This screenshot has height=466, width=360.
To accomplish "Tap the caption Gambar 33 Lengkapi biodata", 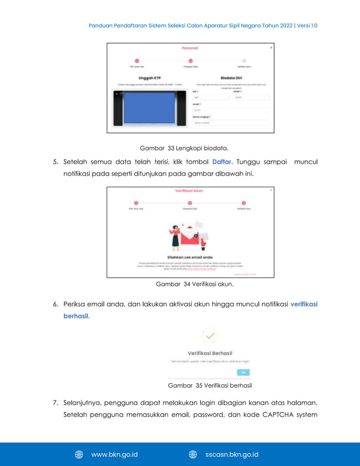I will (184, 148).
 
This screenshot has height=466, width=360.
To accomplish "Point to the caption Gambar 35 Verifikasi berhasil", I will (210, 385).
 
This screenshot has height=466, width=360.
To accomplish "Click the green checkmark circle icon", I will (210, 337).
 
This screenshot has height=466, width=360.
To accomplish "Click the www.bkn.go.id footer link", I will (115, 454).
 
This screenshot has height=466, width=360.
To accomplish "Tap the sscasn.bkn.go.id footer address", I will (232, 454).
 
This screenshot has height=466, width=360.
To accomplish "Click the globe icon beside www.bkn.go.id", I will (80, 454).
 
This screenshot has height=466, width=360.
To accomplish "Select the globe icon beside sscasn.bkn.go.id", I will (192, 454).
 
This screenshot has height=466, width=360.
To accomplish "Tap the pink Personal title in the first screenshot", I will (190, 48).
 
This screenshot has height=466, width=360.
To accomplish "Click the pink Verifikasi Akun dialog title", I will (190, 191).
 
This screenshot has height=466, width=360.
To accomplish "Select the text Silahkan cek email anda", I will (190, 256).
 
